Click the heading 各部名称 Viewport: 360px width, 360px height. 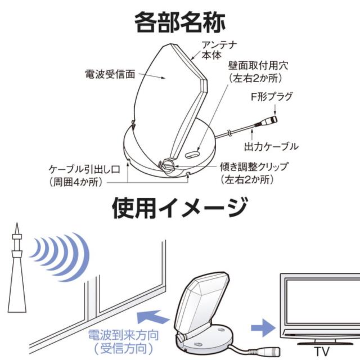point(180,23)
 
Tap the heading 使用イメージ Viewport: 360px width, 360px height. point(180,208)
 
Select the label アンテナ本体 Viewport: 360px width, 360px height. point(219,50)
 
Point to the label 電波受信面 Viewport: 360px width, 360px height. point(110,74)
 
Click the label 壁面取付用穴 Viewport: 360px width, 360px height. point(258,66)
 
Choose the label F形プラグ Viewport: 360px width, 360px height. point(272,97)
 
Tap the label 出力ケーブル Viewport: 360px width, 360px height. point(271,146)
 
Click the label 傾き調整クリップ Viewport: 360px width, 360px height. point(254,166)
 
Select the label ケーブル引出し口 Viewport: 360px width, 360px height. point(84,169)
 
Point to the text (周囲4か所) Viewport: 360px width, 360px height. point(76,182)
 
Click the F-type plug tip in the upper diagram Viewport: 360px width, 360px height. point(273,119)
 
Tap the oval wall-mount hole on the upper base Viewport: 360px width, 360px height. point(192,155)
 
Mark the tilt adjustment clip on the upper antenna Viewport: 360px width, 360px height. point(168,165)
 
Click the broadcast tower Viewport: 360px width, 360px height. point(17,269)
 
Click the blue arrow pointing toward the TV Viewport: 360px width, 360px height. point(263,327)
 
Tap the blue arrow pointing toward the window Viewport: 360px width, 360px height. point(152,317)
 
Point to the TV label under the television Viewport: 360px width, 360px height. point(321,351)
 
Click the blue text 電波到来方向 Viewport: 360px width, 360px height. point(124,335)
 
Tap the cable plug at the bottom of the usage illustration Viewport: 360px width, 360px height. point(269,351)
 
